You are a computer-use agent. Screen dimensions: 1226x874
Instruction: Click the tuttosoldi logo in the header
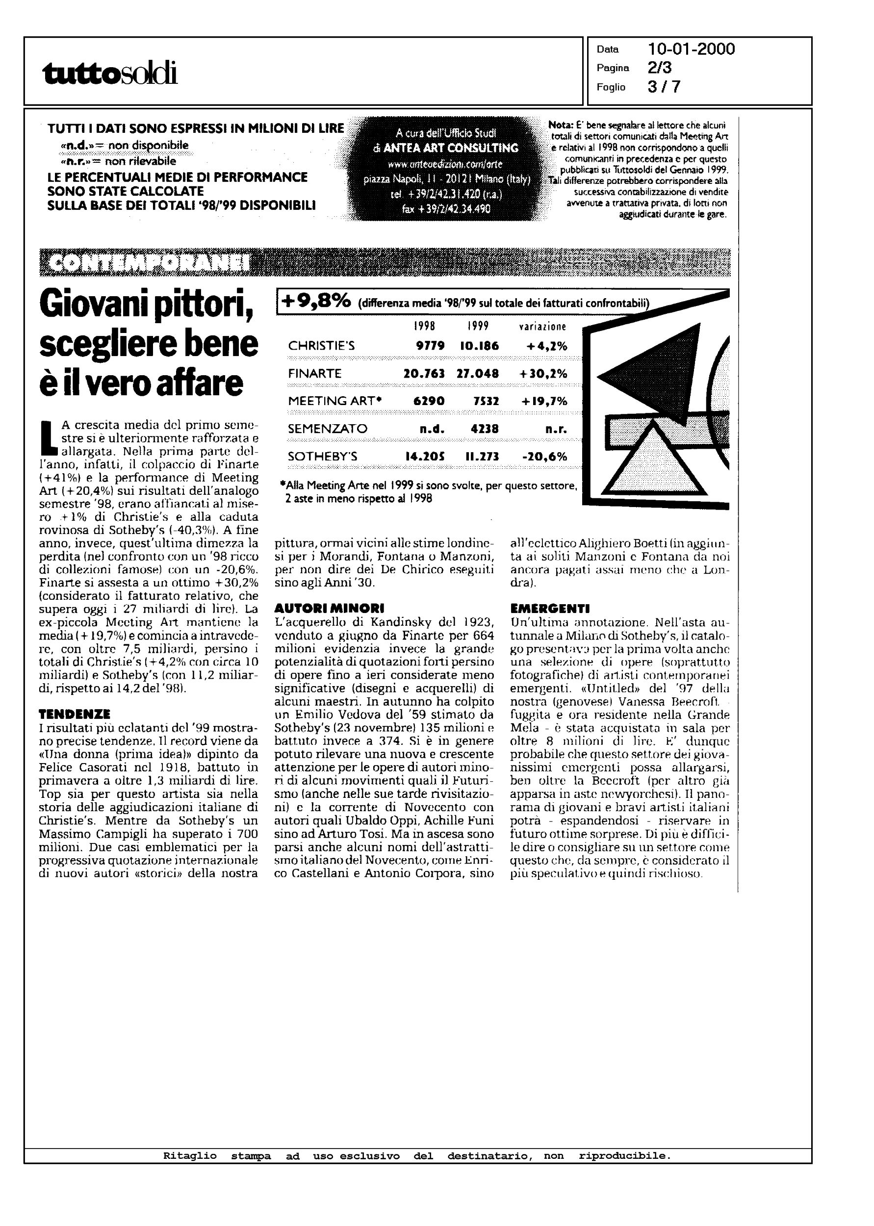coord(110,74)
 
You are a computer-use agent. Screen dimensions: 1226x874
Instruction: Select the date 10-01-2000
coord(692,50)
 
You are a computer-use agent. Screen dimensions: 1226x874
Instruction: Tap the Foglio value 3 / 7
coord(664,87)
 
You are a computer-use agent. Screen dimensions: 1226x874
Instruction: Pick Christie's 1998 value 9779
coord(431,346)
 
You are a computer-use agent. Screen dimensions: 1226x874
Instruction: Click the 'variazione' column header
coord(542,327)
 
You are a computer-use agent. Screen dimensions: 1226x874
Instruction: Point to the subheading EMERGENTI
coord(549,609)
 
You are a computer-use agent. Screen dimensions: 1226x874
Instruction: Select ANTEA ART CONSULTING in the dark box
coord(446,148)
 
